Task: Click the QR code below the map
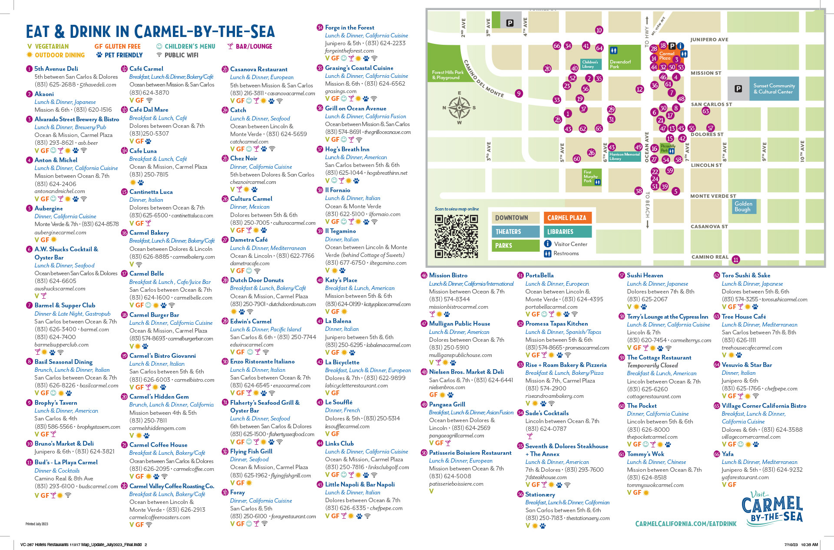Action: point(456,237)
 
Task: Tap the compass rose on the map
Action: point(459,108)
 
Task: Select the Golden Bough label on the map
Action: point(743,207)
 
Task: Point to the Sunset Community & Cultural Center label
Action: point(774,89)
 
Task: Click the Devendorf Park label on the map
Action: point(620,64)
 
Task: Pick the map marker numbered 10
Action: point(599,30)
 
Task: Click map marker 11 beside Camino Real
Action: point(736,260)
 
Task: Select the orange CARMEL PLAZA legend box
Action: point(567,218)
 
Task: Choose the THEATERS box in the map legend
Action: point(516,232)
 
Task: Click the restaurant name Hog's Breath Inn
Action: point(347,149)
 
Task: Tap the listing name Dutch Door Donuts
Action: point(257,280)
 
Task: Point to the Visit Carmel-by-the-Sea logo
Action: point(772,507)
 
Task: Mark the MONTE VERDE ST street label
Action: point(713,196)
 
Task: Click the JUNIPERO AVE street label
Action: point(709,40)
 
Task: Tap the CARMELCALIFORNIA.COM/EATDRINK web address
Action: point(685,524)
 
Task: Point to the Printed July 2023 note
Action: point(36,524)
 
